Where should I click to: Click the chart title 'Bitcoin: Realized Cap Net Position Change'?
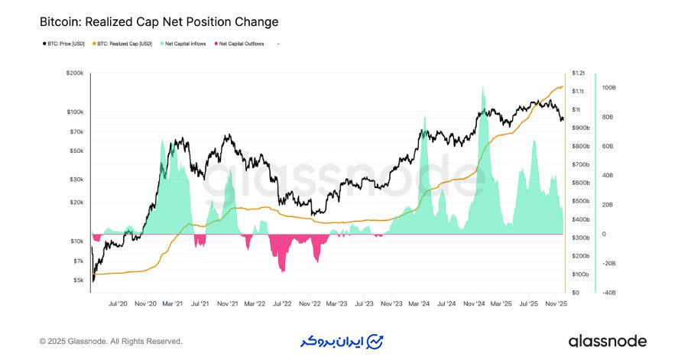click(x=159, y=22)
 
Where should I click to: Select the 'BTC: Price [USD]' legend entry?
click(x=65, y=44)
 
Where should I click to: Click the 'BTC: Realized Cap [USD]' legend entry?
click(x=124, y=44)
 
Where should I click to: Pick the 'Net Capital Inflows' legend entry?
click(x=185, y=44)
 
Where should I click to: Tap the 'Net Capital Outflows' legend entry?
click(x=242, y=44)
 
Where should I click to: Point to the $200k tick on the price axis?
click(x=75, y=73)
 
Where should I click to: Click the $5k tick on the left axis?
click(x=79, y=281)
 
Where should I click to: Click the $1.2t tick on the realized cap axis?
click(x=578, y=73)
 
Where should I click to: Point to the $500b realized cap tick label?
click(x=580, y=201)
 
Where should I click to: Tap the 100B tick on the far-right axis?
click(x=608, y=88)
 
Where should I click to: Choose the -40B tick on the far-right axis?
click(x=608, y=293)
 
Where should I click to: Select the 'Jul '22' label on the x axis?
click(x=282, y=303)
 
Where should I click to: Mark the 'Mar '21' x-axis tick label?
click(x=173, y=303)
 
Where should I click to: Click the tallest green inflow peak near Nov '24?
click(x=482, y=89)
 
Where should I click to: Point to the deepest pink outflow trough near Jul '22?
click(x=284, y=270)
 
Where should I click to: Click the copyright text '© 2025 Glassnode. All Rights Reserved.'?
click(x=111, y=341)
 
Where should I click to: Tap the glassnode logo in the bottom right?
click(x=608, y=341)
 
